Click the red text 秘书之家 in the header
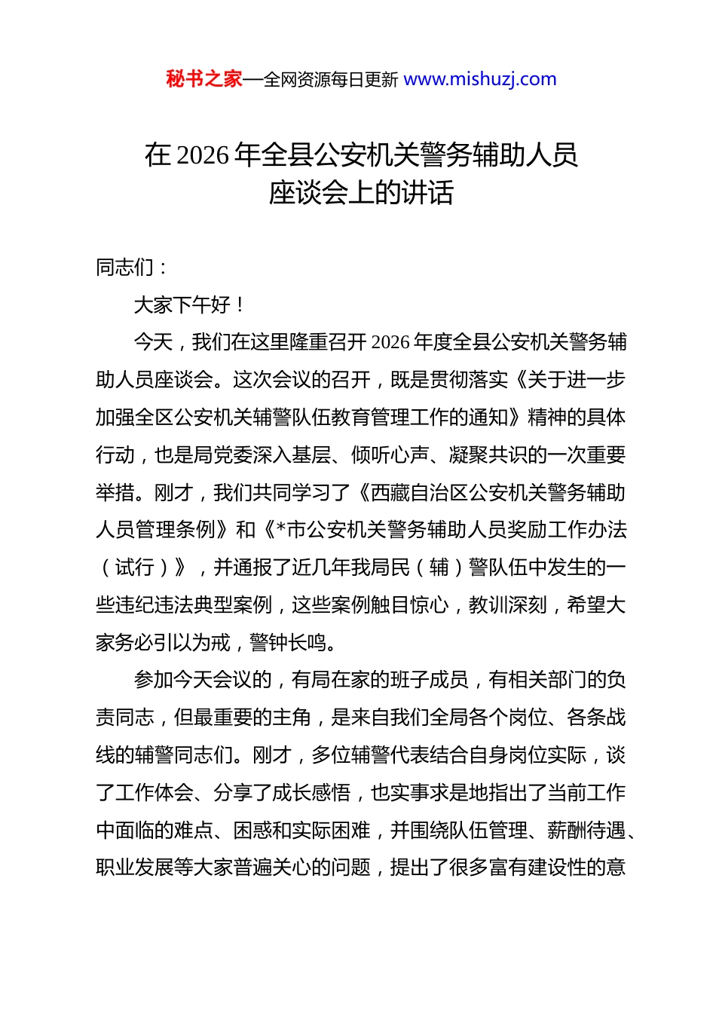pyautogui.click(x=204, y=79)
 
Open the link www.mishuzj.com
pyautogui.click(x=480, y=79)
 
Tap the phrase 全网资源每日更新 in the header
pyautogui.click(x=331, y=80)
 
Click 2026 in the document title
pyautogui.click(x=203, y=155)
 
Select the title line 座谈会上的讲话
pyautogui.click(x=361, y=193)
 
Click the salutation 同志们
pyautogui.click(x=125, y=268)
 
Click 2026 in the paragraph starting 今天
pyautogui.click(x=390, y=343)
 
